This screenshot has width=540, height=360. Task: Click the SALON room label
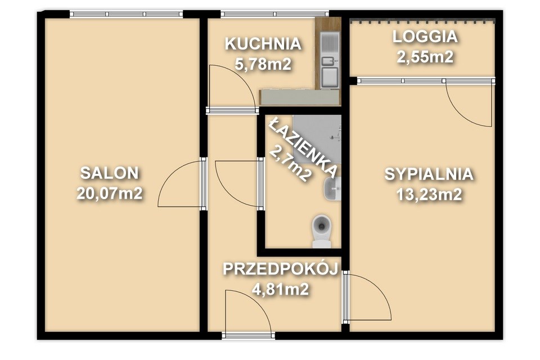(x=109, y=173)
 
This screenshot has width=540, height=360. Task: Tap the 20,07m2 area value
(x=109, y=193)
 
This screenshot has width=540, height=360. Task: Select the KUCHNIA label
(x=263, y=44)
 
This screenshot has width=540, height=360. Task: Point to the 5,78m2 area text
(x=263, y=64)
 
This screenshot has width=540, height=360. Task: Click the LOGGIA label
(x=425, y=37)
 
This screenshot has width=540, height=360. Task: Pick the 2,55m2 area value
(x=425, y=57)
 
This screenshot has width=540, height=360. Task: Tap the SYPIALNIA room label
(x=429, y=174)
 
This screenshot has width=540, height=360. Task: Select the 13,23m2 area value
(x=429, y=195)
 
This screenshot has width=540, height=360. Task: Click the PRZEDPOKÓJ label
(x=280, y=269)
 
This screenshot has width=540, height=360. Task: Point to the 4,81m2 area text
(x=280, y=289)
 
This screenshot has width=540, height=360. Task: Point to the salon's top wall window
(x=127, y=14)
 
